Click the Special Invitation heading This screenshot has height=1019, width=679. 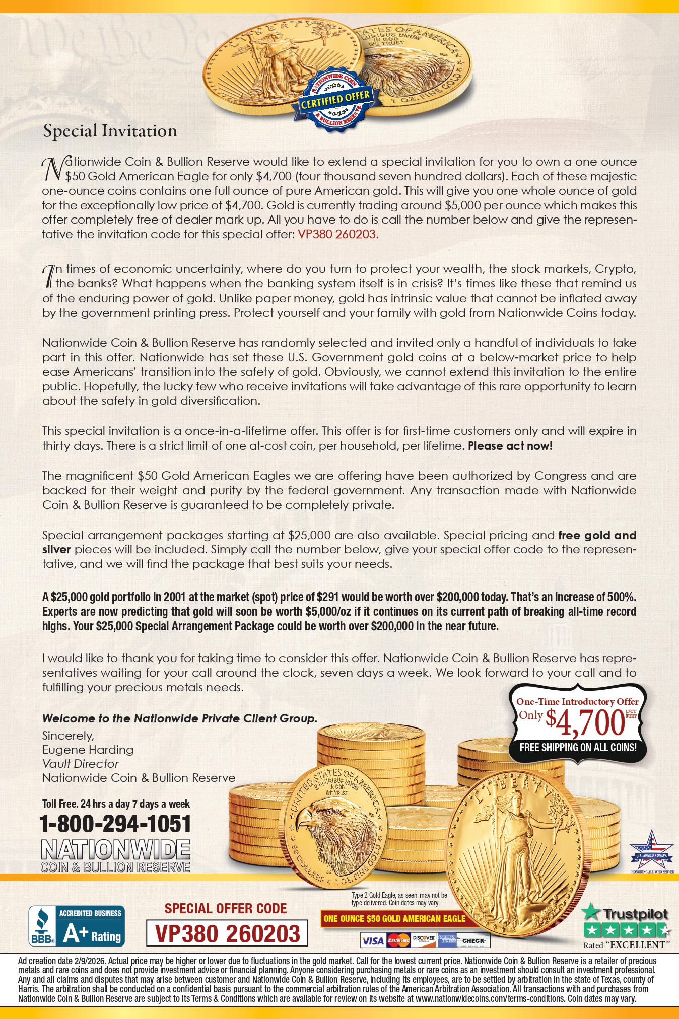click(x=110, y=131)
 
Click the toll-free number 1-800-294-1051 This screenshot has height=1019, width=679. click(x=115, y=824)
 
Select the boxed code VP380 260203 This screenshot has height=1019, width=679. click(x=227, y=933)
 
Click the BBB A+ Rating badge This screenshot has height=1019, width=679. click(x=77, y=926)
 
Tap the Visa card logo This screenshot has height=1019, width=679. click(x=373, y=940)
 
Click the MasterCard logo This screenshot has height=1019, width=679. click(x=399, y=940)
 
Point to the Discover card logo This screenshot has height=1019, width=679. click(x=424, y=940)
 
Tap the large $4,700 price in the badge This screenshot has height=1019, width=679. click(x=585, y=722)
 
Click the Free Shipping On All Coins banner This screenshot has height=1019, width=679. click(x=578, y=747)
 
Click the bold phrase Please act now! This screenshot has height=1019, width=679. click(x=510, y=446)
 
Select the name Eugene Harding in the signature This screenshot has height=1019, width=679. click(x=88, y=750)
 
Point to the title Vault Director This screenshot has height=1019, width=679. click(x=80, y=764)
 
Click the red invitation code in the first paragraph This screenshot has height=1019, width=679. click(x=337, y=234)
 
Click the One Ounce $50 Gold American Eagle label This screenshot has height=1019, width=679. click(x=394, y=919)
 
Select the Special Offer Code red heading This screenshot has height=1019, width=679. click(x=226, y=908)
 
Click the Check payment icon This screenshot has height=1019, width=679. click(x=473, y=940)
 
